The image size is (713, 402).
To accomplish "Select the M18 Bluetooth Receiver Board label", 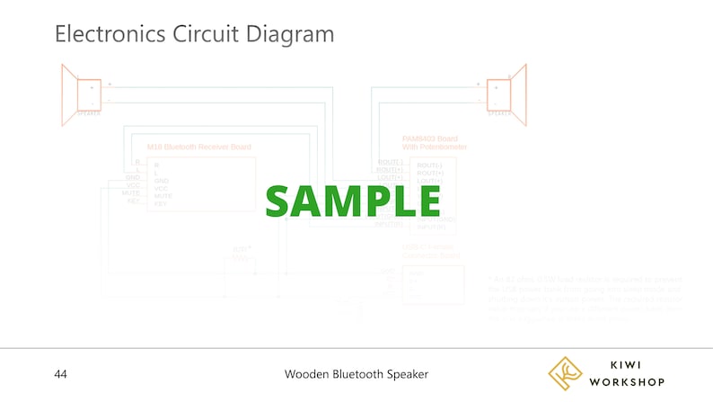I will tap(198, 147).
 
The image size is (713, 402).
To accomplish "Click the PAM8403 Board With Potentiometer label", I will tap(435, 142).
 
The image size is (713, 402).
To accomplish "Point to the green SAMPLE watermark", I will tap(353, 200).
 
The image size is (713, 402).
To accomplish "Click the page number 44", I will tap(61, 373).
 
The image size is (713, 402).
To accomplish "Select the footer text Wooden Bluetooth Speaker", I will tap(356, 373).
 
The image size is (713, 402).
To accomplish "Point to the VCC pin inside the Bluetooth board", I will tap(162, 188).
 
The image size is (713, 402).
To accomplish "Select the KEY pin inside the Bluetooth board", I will tap(162, 203).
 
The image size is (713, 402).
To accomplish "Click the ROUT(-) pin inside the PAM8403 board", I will tap(430, 165).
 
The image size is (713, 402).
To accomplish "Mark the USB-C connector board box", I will tap(433, 284).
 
